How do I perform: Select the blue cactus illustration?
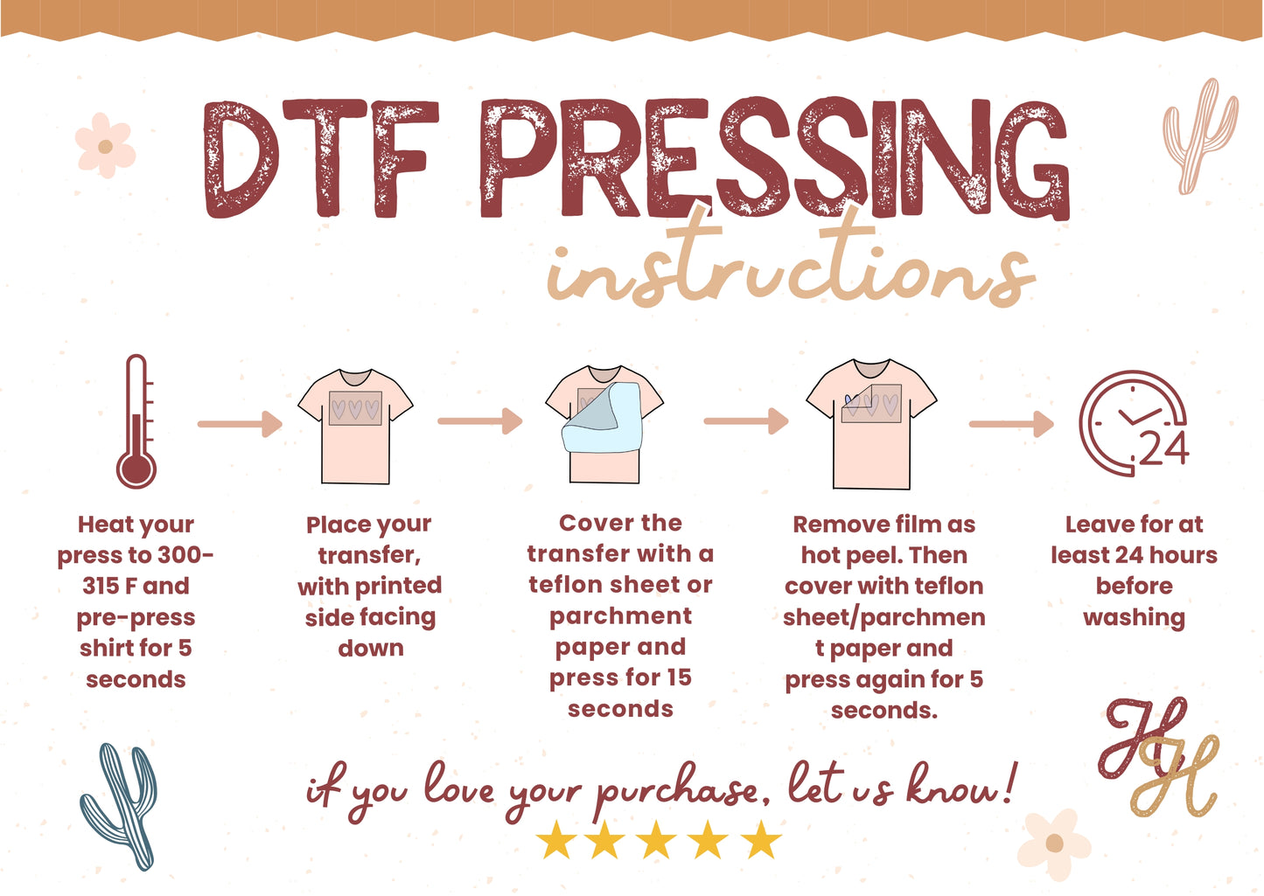click(120, 806)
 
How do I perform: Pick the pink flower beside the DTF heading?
click(106, 145)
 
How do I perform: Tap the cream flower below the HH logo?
click(1054, 844)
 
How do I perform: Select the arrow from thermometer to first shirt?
click(240, 423)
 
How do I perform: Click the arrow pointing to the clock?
click(1011, 423)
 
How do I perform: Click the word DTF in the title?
click(321, 158)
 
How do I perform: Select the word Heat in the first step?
click(104, 525)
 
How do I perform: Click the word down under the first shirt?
click(371, 649)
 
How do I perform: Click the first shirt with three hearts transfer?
click(355, 427)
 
